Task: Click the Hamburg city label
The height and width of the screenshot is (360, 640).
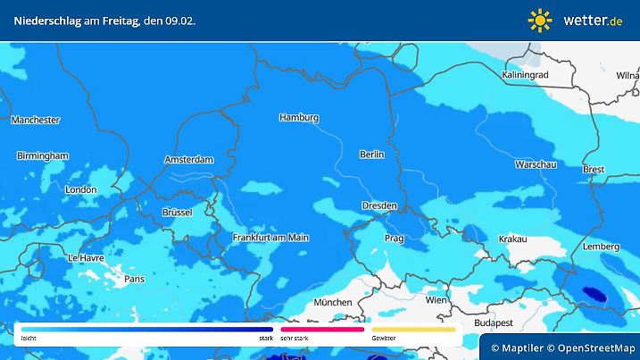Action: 299,118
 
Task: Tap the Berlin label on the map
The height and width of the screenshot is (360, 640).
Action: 371,155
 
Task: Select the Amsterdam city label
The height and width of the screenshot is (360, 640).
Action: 189,160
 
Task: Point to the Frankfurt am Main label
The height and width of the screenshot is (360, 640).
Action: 270,238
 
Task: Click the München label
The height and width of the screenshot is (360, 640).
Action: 333,302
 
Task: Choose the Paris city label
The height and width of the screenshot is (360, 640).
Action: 134,279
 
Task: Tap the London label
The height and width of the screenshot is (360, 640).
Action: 80,189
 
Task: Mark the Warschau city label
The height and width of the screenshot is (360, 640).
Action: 536,165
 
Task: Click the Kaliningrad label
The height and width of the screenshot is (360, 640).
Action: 525,76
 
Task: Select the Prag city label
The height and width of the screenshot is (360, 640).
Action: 395,239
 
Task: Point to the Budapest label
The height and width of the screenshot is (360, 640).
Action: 492,322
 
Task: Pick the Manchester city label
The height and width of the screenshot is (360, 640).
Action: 36,120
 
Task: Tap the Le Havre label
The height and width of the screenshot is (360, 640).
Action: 86,257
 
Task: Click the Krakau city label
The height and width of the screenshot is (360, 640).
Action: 513,239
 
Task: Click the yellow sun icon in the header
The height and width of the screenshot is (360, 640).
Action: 540,20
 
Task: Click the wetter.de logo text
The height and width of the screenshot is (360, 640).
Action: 593,20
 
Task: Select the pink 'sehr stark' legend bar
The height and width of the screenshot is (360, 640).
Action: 322,329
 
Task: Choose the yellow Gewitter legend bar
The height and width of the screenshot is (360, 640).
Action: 413,329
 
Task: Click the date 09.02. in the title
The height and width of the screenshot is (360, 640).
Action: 179,20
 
